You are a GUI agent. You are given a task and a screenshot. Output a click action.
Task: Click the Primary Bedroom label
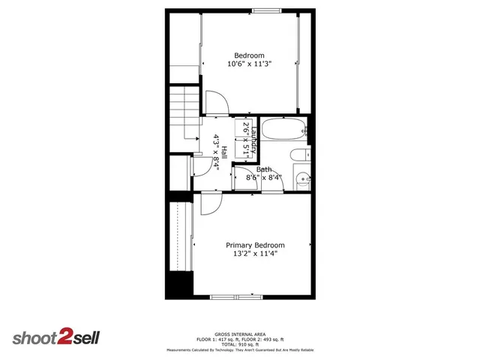(x=256, y=245)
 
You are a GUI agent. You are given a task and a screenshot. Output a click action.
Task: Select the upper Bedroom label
(x=249, y=55)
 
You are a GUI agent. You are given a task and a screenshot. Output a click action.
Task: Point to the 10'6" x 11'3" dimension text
(x=249, y=64)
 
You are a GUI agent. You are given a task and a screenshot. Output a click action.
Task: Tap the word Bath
(x=264, y=169)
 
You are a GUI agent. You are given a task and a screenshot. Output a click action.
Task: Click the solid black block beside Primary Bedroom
(x=179, y=285)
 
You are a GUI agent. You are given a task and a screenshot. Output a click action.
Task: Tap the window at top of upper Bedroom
(x=263, y=10)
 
